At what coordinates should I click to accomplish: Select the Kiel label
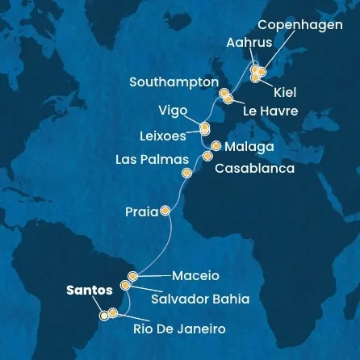click(x=284, y=93)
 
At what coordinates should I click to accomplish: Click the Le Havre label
click(x=270, y=111)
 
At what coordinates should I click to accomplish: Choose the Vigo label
click(x=173, y=111)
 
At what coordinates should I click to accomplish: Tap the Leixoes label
click(x=163, y=136)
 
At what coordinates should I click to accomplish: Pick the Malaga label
click(x=249, y=147)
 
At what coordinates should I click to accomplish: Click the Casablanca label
click(x=254, y=169)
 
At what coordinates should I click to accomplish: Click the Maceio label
click(x=195, y=276)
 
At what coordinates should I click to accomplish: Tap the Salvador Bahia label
click(x=200, y=299)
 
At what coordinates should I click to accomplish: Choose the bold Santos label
click(x=90, y=291)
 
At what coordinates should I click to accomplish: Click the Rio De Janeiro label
click(x=179, y=329)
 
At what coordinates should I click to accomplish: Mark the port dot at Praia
click(x=165, y=211)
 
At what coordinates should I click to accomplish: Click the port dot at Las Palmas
click(x=187, y=173)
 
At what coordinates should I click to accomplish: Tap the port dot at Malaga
click(x=216, y=147)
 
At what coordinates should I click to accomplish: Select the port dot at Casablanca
click(x=207, y=157)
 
